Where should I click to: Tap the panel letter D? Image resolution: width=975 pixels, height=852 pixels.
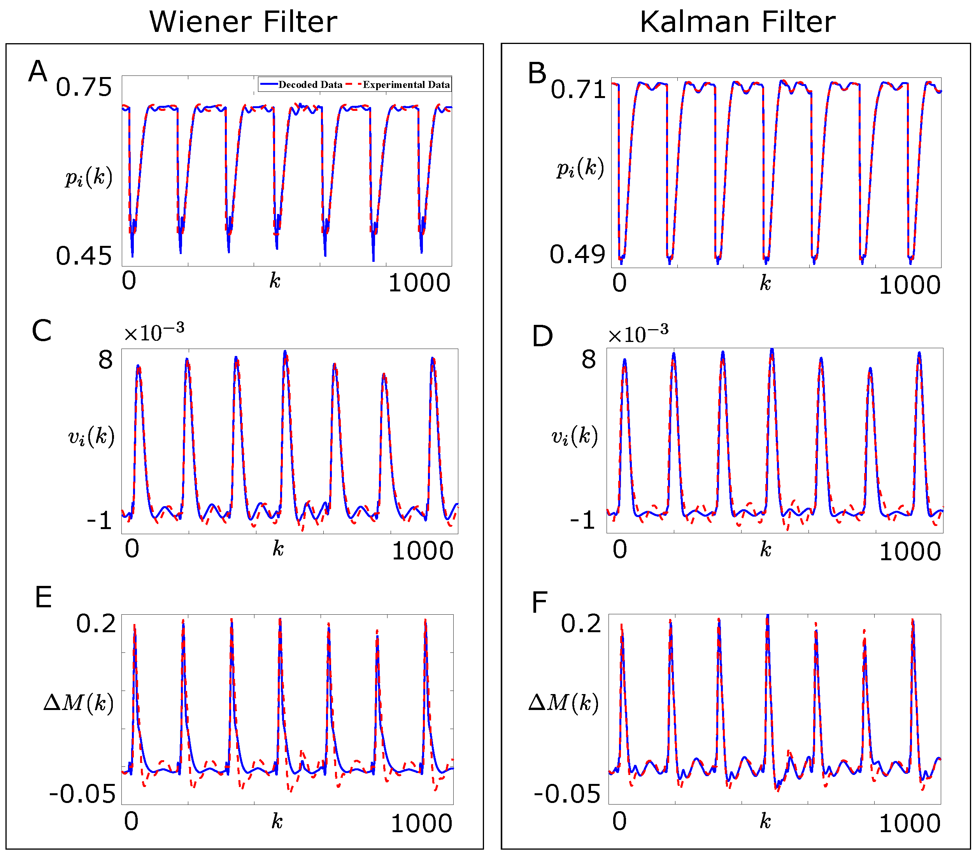click(542, 337)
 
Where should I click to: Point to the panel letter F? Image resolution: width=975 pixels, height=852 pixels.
click(540, 603)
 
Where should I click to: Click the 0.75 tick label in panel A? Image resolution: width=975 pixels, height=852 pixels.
click(84, 88)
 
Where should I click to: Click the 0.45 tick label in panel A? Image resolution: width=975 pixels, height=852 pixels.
click(84, 256)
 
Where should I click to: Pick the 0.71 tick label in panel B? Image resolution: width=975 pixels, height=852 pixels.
click(578, 90)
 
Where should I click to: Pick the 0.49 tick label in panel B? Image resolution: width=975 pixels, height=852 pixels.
click(577, 254)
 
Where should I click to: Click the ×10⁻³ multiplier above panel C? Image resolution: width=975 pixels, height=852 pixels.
click(154, 332)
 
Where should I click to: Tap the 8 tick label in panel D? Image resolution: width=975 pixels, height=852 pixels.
click(589, 359)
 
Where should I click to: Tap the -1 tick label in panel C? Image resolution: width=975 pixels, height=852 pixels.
click(99, 521)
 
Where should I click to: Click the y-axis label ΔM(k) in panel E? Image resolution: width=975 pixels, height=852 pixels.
click(79, 702)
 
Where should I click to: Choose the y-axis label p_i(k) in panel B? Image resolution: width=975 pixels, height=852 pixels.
click(580, 168)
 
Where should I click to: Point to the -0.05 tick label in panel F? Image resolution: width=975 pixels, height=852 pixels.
click(566, 794)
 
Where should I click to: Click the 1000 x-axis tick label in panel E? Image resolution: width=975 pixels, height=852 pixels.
click(421, 824)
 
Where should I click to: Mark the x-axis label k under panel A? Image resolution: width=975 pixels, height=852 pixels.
click(275, 281)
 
